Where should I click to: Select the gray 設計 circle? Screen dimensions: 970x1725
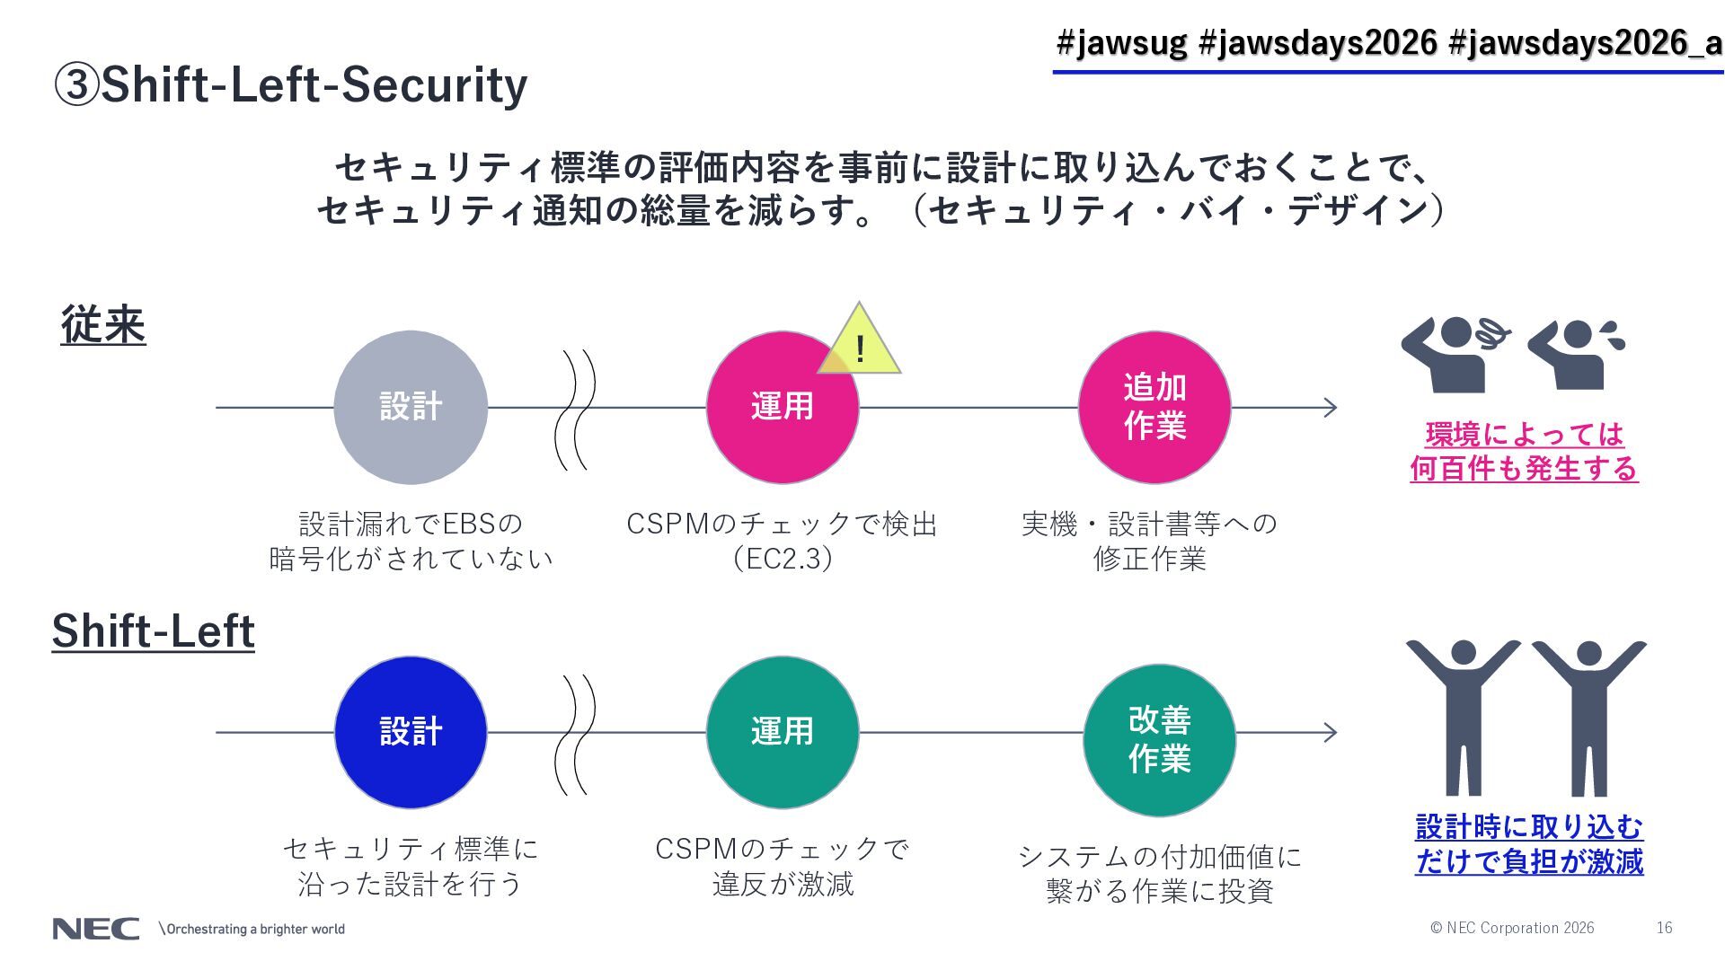click(411, 407)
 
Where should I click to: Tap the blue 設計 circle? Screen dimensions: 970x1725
click(411, 732)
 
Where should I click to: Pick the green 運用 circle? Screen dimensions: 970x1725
click(782, 732)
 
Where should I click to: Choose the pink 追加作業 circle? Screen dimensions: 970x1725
click(1154, 407)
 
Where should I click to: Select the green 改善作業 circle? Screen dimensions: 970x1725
click(1159, 739)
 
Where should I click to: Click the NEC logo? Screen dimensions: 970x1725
click(95, 929)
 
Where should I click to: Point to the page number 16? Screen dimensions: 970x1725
click(1664, 928)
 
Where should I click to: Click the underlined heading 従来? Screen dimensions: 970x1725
click(103, 324)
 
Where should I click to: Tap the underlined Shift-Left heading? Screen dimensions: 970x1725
click(153, 630)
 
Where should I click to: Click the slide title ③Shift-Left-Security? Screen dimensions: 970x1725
click(291, 85)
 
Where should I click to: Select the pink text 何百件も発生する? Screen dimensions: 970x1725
click(1524, 468)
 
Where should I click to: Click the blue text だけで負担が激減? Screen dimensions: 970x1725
click(1529, 861)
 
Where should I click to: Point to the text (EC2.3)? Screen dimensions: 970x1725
click(783, 559)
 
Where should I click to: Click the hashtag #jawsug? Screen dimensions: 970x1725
click(1120, 42)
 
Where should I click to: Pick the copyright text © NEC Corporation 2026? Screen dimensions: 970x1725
click(1512, 928)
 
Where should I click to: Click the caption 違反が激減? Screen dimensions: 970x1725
click(783, 885)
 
